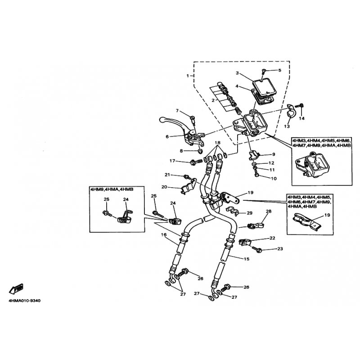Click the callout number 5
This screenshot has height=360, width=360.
pos(279,70)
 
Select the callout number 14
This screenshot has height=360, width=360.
pos(301,118)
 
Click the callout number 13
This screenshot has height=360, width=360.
pos(287,126)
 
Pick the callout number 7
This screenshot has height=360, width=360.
pos(177,111)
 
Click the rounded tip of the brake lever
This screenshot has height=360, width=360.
pos(162,119)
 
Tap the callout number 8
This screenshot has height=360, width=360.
pos(181,151)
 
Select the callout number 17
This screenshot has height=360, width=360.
pos(172,161)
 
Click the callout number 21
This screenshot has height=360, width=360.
pos(167,175)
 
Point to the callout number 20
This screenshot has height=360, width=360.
pos(164,187)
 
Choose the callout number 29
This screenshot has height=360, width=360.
pos(250,213)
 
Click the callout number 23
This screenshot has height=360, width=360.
pos(280,249)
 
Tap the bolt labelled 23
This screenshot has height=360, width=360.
pos(257,249)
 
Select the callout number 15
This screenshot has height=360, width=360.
pos(246,259)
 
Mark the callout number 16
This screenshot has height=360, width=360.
pos(163,234)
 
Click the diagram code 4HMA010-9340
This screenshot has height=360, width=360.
pos(24,301)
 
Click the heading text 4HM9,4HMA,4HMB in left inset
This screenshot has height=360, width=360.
pos(112,189)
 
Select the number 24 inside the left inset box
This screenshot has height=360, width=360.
pos(126,199)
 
